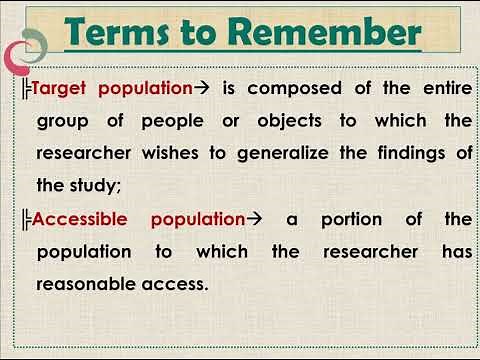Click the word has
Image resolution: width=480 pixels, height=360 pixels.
455,250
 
